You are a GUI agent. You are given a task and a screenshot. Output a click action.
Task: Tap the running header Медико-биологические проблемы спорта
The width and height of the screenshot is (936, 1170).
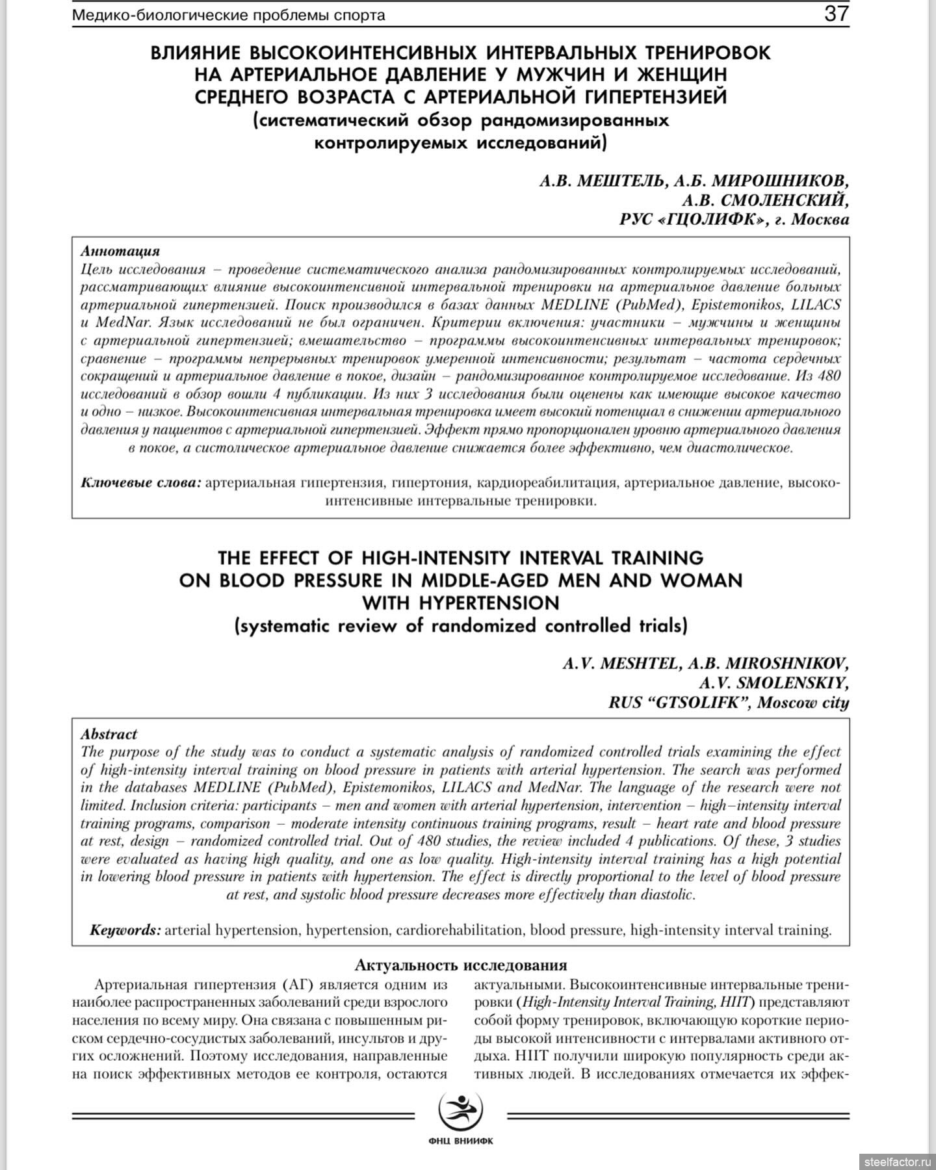(x=228, y=15)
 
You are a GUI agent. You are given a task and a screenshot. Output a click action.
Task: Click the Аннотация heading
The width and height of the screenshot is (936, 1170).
(x=120, y=251)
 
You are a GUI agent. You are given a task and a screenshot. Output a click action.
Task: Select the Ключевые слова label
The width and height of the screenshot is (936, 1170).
(x=140, y=483)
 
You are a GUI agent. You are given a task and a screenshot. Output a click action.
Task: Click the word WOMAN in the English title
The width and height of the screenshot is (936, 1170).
(x=701, y=580)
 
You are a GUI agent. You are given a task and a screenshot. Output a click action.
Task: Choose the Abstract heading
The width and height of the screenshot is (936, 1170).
(x=109, y=734)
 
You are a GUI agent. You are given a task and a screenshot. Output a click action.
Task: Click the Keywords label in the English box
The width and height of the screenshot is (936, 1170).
(x=125, y=930)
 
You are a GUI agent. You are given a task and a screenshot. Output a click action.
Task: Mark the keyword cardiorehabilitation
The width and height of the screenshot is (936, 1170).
(x=460, y=930)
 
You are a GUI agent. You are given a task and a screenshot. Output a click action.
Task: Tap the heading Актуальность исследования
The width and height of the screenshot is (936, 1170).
(x=461, y=965)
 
